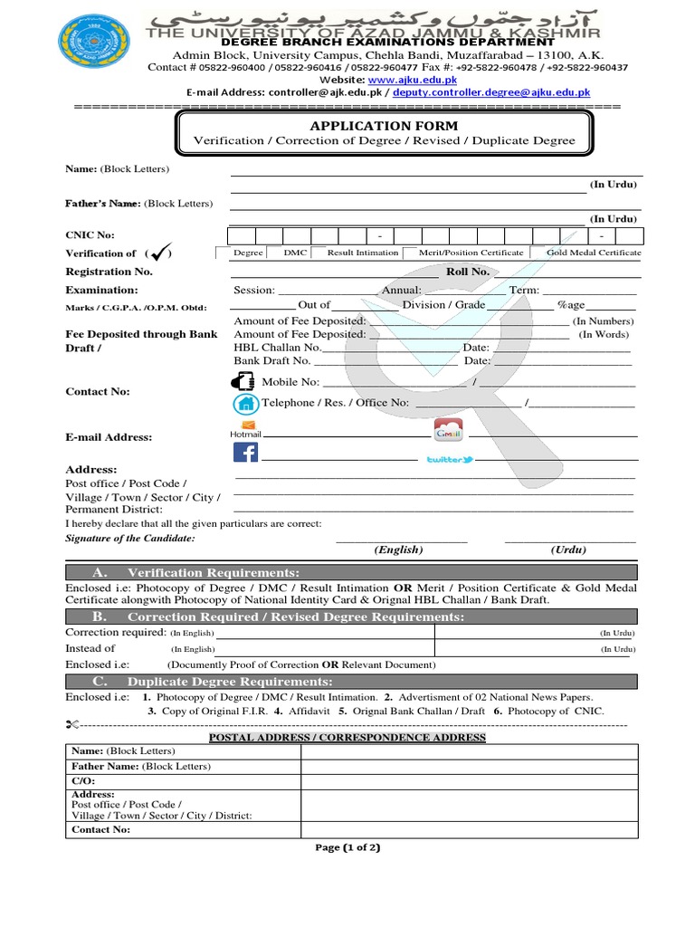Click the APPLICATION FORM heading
coord(384,126)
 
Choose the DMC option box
coord(295,253)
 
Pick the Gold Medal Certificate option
coord(594,253)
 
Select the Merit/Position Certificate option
coord(470,253)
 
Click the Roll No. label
coord(468,272)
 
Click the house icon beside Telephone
coord(245,404)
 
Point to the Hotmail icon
coord(245,430)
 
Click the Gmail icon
coord(448,430)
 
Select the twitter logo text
coord(450,460)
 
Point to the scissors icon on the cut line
coord(73,725)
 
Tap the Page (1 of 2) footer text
coord(347,847)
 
